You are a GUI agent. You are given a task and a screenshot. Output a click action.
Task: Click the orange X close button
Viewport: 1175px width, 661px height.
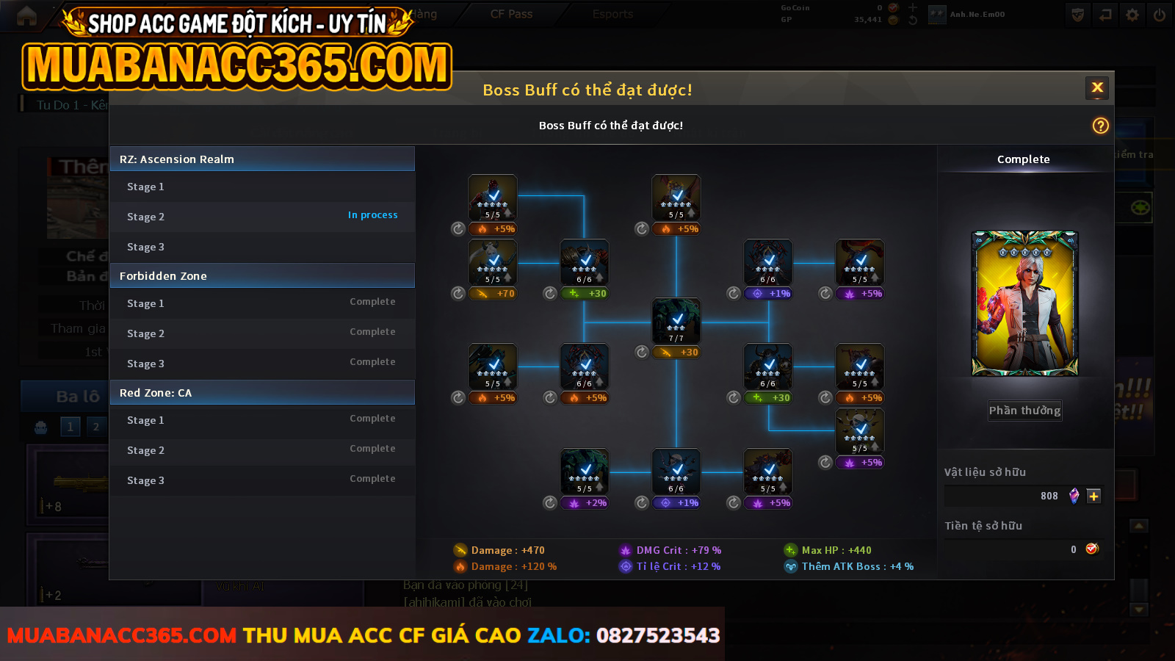[x=1097, y=88]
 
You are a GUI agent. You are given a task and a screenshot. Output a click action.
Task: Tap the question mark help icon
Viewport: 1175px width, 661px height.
[x=1100, y=126]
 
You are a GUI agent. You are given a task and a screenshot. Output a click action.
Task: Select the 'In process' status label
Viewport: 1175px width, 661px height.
[x=372, y=215]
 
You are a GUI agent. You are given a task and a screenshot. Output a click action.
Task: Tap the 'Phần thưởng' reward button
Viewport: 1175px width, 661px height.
[x=1024, y=411]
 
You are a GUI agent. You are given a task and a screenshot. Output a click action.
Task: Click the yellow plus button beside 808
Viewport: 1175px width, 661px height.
[x=1093, y=496]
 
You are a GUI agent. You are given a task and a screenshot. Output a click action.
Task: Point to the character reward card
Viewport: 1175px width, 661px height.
[x=1024, y=303]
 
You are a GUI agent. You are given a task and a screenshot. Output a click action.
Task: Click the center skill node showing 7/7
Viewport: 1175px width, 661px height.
[x=676, y=321]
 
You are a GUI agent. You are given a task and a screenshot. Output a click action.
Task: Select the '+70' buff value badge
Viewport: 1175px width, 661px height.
[x=496, y=294]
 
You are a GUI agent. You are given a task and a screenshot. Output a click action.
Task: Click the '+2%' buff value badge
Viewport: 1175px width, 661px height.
[x=588, y=503]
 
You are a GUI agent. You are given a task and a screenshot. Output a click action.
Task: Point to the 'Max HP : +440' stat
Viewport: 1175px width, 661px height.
[x=828, y=550]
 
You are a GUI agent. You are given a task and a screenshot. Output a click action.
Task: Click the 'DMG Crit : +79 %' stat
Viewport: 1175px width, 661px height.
[x=670, y=550]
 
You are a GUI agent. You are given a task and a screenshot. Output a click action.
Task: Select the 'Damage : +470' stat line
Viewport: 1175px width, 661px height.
[x=499, y=550]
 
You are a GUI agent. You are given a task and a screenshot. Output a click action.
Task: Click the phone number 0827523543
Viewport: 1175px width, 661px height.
[x=657, y=635]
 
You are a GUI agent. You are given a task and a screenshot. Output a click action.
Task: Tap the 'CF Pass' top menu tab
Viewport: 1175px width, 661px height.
[x=511, y=14]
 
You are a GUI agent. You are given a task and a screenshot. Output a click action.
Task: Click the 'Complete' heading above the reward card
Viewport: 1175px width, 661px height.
[x=1023, y=159]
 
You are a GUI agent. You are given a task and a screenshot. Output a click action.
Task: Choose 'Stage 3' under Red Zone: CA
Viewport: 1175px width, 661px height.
[x=145, y=480]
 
